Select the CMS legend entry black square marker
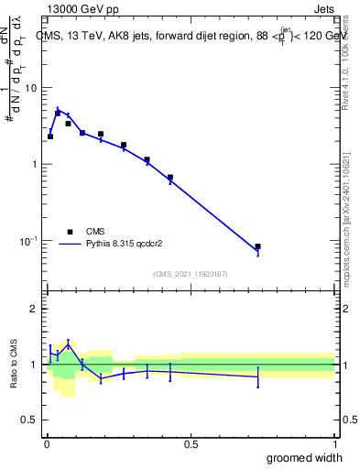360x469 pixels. (69, 232)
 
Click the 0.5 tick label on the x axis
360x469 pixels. (191, 443)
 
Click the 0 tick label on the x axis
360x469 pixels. (46, 443)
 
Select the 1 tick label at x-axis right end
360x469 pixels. (334, 443)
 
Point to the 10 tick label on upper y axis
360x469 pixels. (31, 88)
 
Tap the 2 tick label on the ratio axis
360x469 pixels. (34, 309)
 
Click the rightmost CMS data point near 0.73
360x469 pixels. (257, 246)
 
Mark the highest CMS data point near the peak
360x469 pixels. (58, 114)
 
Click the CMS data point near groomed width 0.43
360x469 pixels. (170, 177)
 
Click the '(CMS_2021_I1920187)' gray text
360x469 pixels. (191, 273)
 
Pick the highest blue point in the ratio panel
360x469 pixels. (68, 344)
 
